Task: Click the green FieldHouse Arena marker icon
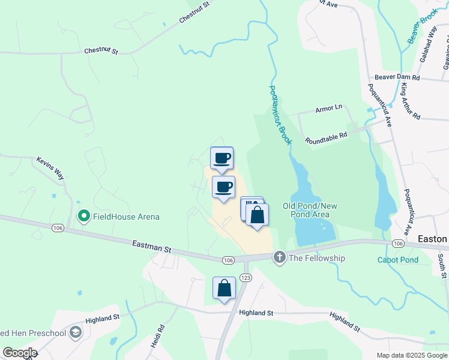(x=84, y=216)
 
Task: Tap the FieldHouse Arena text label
(x=125, y=216)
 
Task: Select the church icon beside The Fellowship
(x=279, y=258)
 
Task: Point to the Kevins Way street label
(x=50, y=169)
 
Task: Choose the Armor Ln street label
(x=328, y=108)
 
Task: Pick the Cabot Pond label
(x=397, y=260)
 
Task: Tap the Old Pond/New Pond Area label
(x=310, y=210)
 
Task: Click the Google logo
(x=19, y=353)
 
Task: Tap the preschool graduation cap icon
(x=76, y=333)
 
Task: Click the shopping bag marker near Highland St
(x=224, y=287)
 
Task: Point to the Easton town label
(x=432, y=239)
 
